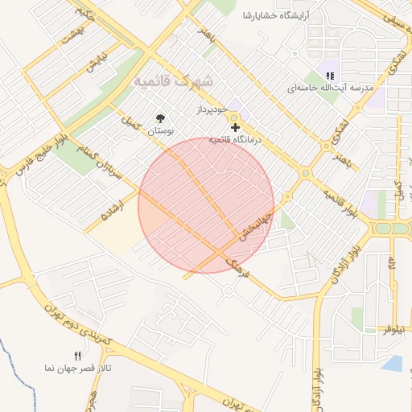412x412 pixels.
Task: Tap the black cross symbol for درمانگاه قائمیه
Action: pyautogui.click(x=235, y=128)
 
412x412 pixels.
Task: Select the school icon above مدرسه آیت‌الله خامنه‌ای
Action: pyautogui.click(x=329, y=75)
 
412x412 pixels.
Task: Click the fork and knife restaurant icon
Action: pyautogui.click(x=78, y=356)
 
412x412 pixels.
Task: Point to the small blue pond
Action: pyautogui.click(x=393, y=364)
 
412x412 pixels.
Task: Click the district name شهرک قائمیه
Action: pyautogui.click(x=174, y=82)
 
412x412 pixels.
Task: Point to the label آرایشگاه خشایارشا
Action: pyautogui.click(x=278, y=16)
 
